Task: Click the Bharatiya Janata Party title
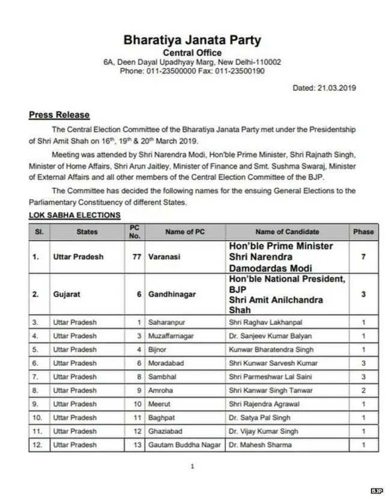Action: pos(192,41)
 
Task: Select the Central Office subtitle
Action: pos(192,52)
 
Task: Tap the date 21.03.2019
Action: pos(325,88)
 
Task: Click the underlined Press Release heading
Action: pos(59,115)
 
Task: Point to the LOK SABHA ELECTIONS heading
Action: pos(75,215)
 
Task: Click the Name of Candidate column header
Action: pos(288,232)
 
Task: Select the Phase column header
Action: pos(363,232)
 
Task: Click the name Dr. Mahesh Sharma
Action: pos(259,445)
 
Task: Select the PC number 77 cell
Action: pos(136,256)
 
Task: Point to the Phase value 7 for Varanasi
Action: pos(363,256)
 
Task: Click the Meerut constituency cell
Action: pos(160,404)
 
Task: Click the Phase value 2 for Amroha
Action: pos(363,390)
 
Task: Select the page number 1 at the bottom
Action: pos(192,466)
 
